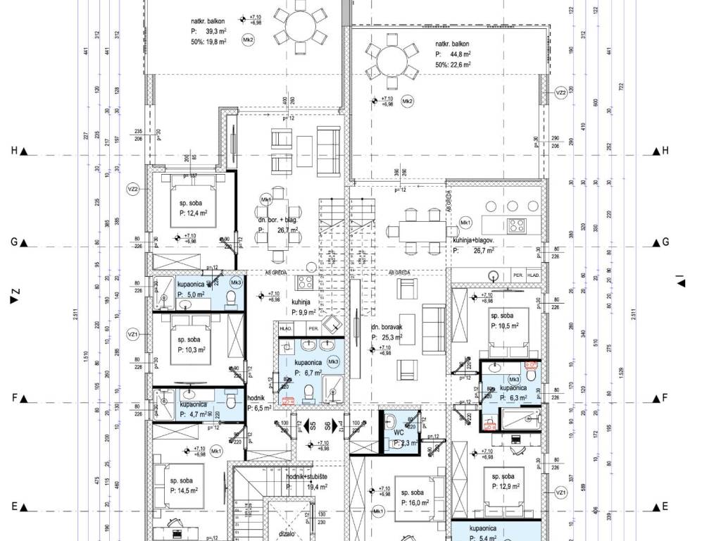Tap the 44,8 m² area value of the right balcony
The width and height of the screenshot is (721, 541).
coord(456,54)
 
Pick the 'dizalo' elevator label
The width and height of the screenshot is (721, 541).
coord(287,534)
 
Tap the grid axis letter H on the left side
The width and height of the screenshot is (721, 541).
coord(13,151)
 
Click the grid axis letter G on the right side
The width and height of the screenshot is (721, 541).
coord(665,242)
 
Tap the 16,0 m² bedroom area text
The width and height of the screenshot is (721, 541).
coord(416,504)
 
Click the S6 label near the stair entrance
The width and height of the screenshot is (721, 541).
coord(327,425)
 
